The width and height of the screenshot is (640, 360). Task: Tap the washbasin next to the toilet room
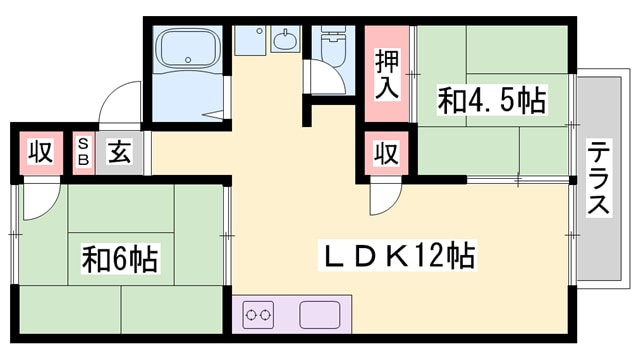point(285,43)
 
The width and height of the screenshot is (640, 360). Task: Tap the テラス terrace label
point(599,178)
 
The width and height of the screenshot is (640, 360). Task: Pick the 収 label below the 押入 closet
point(387,154)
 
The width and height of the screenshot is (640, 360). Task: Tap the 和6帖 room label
point(119,260)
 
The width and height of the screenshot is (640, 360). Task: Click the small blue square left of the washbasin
point(246,41)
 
